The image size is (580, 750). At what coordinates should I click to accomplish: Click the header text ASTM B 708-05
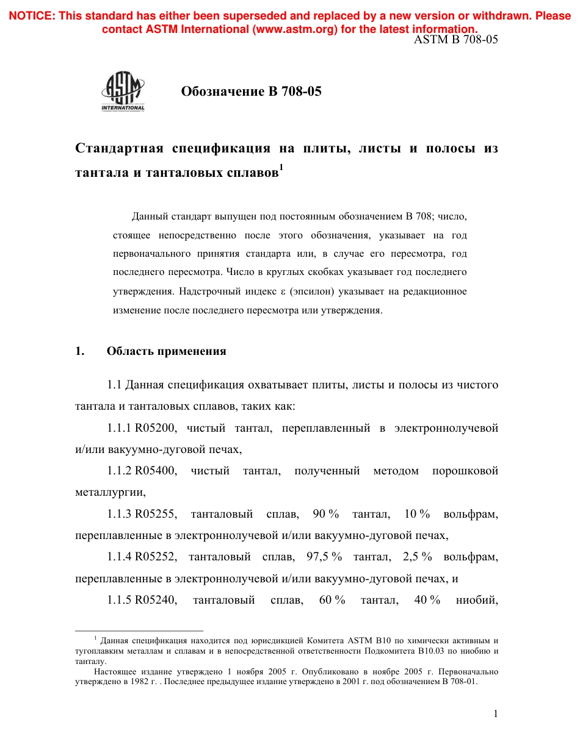456,40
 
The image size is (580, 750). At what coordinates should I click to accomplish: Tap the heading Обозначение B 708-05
251,92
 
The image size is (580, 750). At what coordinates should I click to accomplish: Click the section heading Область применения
166,351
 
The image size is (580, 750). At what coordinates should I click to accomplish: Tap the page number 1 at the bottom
496,714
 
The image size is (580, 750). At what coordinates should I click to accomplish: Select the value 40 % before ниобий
427,600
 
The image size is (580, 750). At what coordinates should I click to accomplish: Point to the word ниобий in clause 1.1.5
477,600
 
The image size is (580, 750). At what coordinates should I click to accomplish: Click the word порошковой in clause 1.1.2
465,471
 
